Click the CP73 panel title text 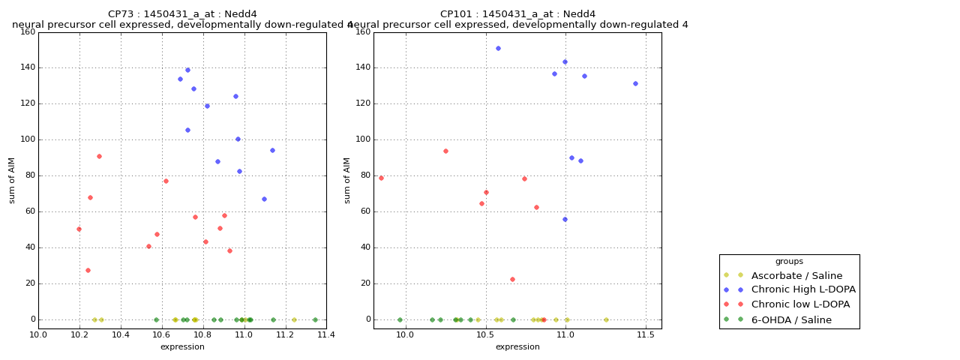182,14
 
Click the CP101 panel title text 517,14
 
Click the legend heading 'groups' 789,261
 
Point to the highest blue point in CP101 498,48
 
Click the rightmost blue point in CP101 635,83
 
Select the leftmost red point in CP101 381,178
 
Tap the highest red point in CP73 99,156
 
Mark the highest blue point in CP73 187,70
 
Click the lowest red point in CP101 512,279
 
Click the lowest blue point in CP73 264,199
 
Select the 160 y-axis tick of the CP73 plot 28,31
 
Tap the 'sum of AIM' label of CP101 348,180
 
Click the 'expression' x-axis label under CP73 182,346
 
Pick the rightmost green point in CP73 315,319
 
